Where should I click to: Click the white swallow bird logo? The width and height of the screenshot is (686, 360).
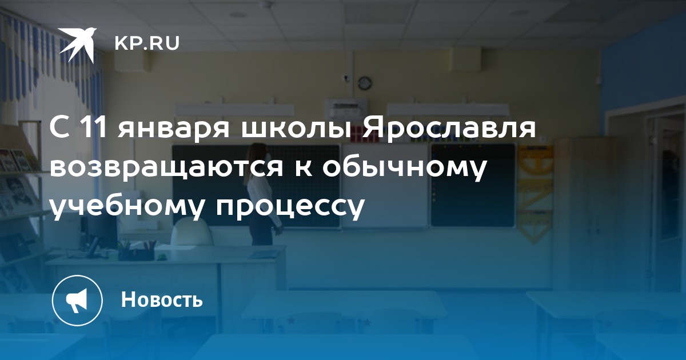coord(77,45)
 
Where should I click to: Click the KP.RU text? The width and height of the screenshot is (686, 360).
coord(147,43)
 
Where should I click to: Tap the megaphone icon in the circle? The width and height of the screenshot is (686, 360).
coord(77,301)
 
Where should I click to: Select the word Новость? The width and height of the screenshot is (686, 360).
coord(162,299)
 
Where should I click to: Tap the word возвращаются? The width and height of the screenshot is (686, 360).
coord(166,169)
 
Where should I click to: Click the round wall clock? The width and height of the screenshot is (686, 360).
coord(365,83)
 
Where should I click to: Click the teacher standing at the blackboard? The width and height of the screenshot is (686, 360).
coord(261,194)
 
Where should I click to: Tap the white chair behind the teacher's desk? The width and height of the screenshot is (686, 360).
coord(192,232)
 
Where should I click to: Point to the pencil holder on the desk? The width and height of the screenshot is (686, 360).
coord(136,253)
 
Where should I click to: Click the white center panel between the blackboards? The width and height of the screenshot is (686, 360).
coord(385,186)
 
